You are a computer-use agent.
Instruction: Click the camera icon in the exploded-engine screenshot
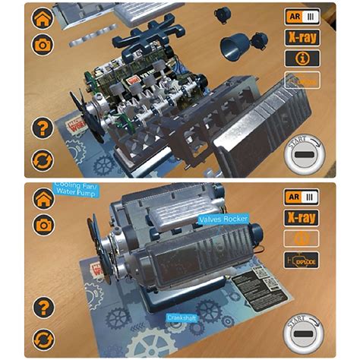[x=43, y=45]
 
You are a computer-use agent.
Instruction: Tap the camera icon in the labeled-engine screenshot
[x=43, y=225]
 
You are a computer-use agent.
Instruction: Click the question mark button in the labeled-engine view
[x=43, y=308]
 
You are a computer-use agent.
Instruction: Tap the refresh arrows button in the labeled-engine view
[x=43, y=338]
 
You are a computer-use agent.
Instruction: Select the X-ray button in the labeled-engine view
[x=302, y=217]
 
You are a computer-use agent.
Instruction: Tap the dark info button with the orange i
[x=302, y=58]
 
